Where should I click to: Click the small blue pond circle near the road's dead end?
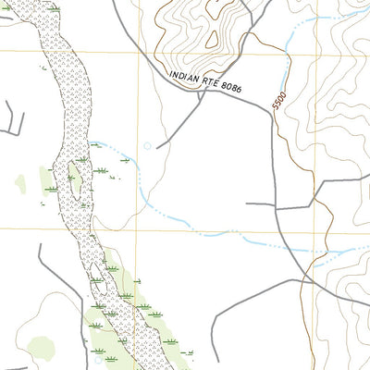[x=146, y=145]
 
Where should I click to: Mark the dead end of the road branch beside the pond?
[x=158, y=147]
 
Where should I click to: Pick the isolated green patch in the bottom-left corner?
[x=41, y=349]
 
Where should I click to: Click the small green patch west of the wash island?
[x=19, y=184]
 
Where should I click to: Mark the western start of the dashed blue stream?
[x=91, y=142]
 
